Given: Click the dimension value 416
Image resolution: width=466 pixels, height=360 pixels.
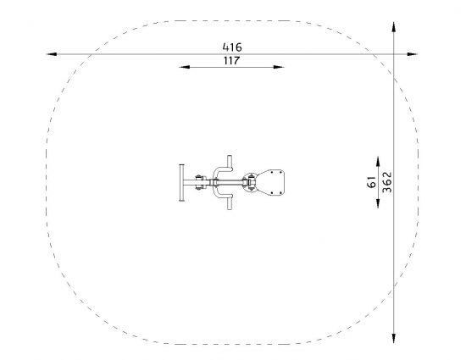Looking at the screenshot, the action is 232,47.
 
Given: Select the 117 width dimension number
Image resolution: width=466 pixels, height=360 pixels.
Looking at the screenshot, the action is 231,61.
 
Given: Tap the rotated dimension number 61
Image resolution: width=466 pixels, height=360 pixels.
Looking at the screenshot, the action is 371,182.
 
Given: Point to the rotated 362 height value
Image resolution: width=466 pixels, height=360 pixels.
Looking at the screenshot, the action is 387,182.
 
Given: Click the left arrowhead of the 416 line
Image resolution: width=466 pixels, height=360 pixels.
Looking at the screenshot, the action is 51,54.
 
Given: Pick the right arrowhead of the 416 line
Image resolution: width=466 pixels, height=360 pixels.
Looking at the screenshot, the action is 413,54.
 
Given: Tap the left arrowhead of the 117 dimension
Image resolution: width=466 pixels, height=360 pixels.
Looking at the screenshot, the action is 184,67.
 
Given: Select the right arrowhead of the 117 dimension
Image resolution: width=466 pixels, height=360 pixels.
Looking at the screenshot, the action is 279,67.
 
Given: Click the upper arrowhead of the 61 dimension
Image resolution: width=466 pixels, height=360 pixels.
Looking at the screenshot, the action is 378,161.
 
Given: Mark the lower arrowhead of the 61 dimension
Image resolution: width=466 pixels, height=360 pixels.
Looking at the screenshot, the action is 378,203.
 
